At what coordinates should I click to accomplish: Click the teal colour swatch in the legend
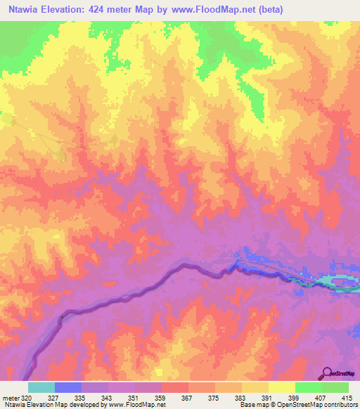tap(41, 387)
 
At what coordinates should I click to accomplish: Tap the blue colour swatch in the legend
tap(67, 387)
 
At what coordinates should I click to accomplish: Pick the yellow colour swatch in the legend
tap(281, 387)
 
